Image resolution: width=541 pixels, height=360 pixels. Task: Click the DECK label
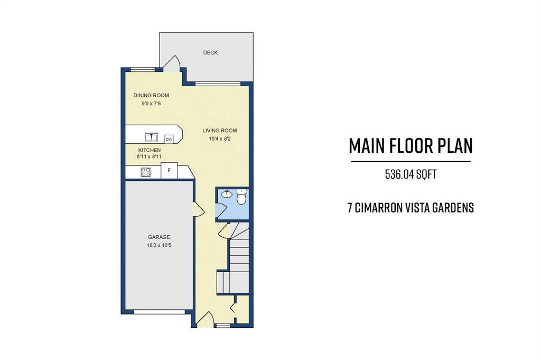[x=210, y=52]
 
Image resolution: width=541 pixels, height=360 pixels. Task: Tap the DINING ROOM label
[x=151, y=95]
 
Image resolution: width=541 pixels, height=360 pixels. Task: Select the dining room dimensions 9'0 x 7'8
[x=151, y=103]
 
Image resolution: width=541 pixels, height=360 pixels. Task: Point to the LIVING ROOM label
[x=219, y=131]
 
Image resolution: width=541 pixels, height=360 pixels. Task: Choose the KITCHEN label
[x=150, y=150]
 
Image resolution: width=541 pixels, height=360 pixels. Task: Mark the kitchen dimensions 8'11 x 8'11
[x=150, y=156]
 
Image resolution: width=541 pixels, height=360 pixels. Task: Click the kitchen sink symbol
[x=151, y=137]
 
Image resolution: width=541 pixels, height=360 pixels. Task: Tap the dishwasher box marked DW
[x=169, y=139]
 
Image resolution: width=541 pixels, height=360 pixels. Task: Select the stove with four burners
[x=146, y=172]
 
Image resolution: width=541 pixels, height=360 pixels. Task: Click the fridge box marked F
[x=169, y=171]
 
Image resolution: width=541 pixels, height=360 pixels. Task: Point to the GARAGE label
[x=159, y=237]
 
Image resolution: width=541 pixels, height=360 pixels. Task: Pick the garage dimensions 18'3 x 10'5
[x=159, y=246]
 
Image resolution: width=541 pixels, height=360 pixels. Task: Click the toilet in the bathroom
[x=241, y=197]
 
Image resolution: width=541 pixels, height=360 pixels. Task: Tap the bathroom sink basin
[x=226, y=194]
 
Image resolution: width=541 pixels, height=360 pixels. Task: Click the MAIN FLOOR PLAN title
[x=411, y=146]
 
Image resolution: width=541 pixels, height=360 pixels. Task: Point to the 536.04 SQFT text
[x=411, y=174]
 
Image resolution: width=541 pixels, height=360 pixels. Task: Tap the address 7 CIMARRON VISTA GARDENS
[x=411, y=208]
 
